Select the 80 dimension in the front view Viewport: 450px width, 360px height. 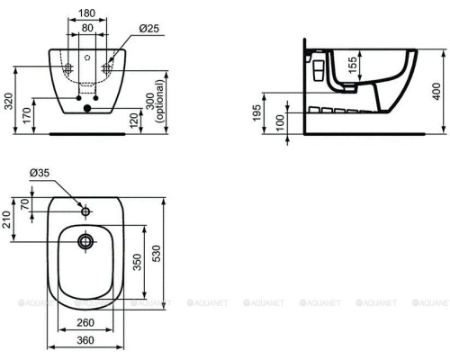tap(87, 28)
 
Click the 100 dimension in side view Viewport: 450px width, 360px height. tap(280, 121)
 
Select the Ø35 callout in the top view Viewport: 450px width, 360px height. tap(39, 197)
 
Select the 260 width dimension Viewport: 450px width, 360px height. tap(87, 321)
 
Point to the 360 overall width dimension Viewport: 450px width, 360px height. tap(87, 339)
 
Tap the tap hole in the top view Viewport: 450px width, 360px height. tap(86, 212)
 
